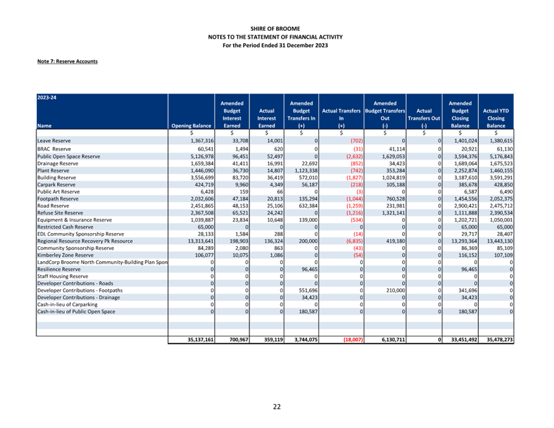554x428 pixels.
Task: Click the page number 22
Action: pos(276,407)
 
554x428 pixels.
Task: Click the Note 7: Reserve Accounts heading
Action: pos(67,62)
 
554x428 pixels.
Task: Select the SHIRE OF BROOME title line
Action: pos(275,29)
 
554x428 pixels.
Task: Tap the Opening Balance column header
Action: pos(191,126)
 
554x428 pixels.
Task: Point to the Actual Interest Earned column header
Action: pos(267,118)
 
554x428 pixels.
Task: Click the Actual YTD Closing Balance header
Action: pos(496,118)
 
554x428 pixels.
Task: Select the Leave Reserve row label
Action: pos(54,141)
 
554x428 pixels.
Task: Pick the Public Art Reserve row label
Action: pos(58,192)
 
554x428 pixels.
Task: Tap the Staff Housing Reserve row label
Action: pos(62,277)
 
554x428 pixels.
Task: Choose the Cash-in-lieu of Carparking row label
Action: pos(67,304)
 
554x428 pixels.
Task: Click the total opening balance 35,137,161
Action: pos(200,340)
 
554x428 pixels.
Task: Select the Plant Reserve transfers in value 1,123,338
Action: pos(306,171)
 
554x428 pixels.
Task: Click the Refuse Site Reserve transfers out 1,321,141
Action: pos(393,213)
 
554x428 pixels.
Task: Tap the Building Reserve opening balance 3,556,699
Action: pos(202,177)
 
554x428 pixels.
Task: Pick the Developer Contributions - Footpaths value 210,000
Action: pos(396,291)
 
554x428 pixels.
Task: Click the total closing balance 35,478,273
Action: pos(500,340)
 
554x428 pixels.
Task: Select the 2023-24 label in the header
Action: pos(46,98)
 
